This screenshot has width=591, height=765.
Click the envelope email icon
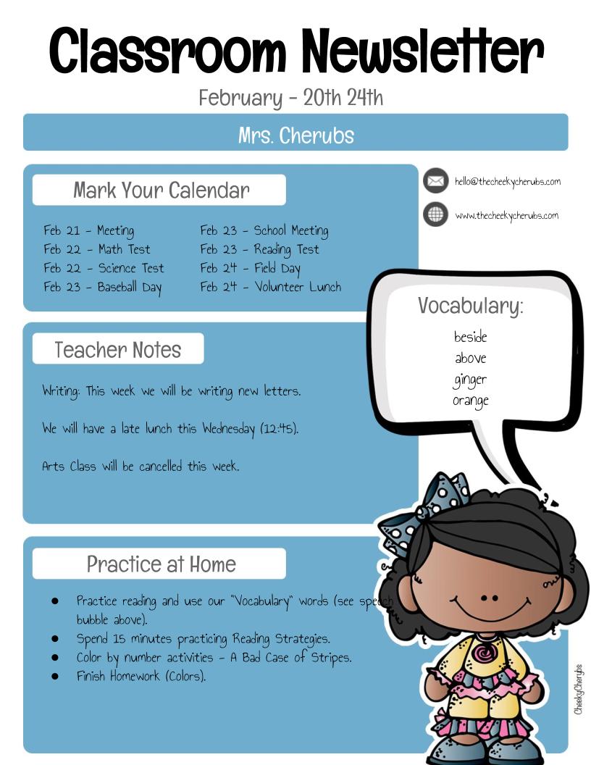coord(435,180)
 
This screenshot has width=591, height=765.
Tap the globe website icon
coord(435,214)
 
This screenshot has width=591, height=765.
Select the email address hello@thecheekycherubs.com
coord(507,181)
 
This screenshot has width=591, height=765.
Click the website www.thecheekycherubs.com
coord(506,215)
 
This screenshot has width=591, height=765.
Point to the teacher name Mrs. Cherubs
coord(295,135)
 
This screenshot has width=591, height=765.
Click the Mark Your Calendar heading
coord(161,191)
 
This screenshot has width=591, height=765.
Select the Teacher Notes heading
coord(118,350)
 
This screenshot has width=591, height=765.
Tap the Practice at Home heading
coord(161,564)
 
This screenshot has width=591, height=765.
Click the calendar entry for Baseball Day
coord(103,287)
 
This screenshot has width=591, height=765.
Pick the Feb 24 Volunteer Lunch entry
coord(270,287)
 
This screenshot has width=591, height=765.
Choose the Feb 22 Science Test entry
coord(104,268)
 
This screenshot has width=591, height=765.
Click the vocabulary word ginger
coord(470,380)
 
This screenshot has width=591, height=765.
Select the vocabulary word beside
coord(470,337)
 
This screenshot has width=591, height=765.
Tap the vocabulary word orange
coord(470,401)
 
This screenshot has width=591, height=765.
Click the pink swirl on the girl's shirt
coord(482,652)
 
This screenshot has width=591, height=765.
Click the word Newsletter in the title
coord(422,51)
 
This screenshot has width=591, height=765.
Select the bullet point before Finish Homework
coord(54,676)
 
